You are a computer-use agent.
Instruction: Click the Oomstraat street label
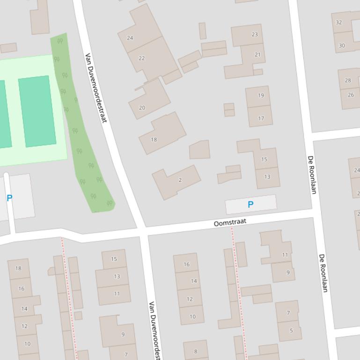(x=229, y=223)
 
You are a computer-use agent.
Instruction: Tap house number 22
(x=141, y=58)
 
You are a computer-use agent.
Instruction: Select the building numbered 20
(x=142, y=108)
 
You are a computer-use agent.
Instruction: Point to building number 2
(x=180, y=180)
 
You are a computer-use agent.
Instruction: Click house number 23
(x=255, y=34)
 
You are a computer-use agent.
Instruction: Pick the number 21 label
(x=257, y=55)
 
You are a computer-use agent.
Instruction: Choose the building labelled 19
(x=261, y=95)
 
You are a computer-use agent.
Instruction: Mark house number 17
(x=261, y=118)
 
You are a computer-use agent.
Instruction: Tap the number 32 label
(x=339, y=22)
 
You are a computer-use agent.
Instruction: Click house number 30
(x=342, y=45)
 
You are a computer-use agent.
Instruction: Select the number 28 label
(x=348, y=80)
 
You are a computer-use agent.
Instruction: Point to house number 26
(x=351, y=95)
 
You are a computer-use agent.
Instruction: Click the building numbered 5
(x=291, y=331)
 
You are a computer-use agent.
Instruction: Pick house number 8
(x=195, y=352)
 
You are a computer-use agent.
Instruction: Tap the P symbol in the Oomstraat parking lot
(x=250, y=204)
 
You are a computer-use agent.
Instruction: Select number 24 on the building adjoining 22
(x=130, y=38)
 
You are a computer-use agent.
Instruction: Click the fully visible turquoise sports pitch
(x=37, y=111)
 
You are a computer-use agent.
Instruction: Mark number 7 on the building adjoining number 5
(x=288, y=313)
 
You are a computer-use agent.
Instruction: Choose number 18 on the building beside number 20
(x=154, y=139)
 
